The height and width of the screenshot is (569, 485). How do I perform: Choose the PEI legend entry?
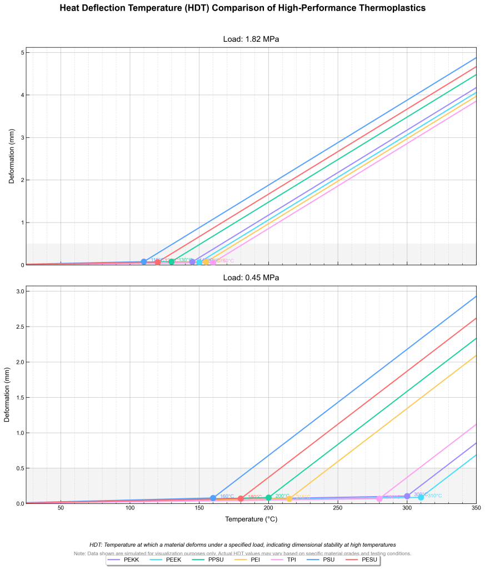pyautogui.click(x=255, y=560)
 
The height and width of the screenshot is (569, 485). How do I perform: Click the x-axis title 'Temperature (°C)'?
pyautogui.click(x=251, y=519)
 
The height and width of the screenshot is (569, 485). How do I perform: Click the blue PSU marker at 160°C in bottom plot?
pyautogui.click(x=213, y=498)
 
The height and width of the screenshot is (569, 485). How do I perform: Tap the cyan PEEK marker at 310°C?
pyautogui.click(x=421, y=497)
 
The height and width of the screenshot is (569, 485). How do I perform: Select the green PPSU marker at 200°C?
pyautogui.click(x=268, y=498)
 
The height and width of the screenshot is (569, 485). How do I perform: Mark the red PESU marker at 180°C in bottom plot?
pyautogui.click(x=241, y=498)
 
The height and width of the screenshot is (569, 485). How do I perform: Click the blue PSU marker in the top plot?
pyautogui.click(x=144, y=261)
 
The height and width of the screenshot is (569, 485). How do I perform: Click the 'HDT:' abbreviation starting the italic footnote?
pyautogui.click(x=96, y=545)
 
